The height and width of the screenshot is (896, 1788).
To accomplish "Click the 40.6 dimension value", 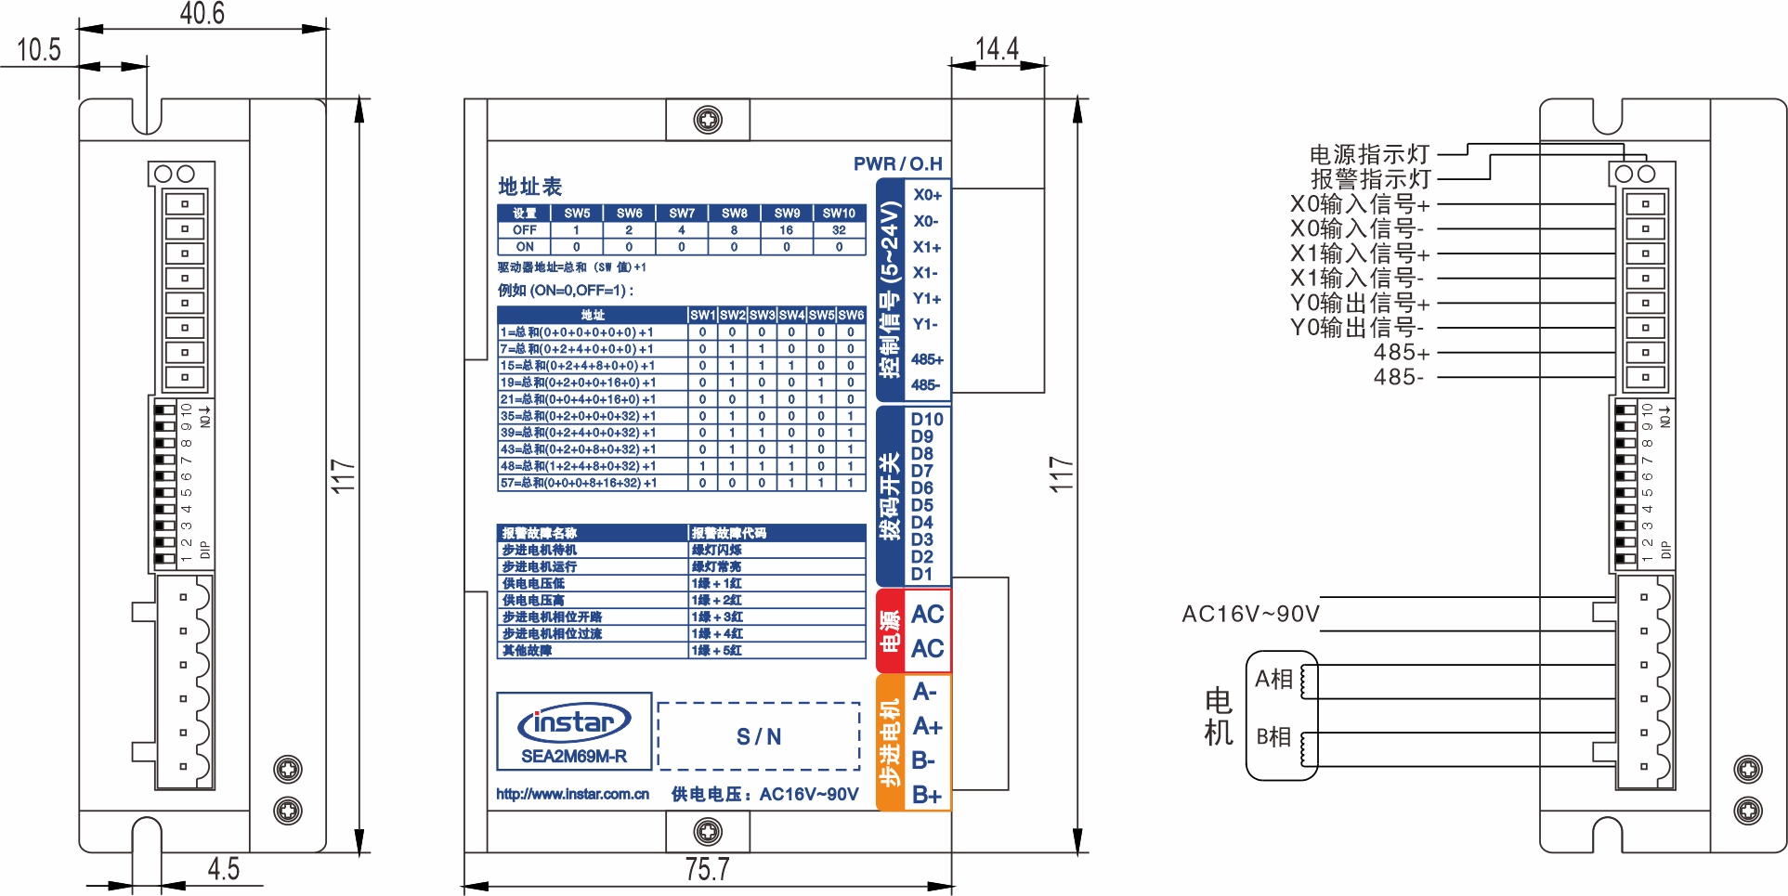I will (x=202, y=13).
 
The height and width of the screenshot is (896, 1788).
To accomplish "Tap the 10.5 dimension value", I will (x=38, y=49).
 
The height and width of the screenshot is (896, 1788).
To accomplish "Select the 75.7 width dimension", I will (x=707, y=869).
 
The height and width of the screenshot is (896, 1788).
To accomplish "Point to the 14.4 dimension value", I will (x=997, y=48).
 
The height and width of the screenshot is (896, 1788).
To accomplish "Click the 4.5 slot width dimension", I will (x=223, y=869).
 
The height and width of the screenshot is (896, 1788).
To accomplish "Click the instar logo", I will (x=574, y=722).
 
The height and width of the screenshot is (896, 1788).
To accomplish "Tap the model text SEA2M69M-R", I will (x=574, y=756).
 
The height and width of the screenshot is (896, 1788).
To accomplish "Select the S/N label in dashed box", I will (x=759, y=737).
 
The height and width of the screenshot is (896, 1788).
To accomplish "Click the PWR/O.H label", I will (x=897, y=164).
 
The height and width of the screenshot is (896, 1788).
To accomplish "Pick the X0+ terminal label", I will (x=927, y=195).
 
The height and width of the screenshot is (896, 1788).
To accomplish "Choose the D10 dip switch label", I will (x=926, y=419).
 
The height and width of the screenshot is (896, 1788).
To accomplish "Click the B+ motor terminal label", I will (x=926, y=795).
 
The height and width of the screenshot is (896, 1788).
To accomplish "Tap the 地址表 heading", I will (x=530, y=187).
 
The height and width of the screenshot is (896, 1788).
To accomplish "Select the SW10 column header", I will (x=839, y=213).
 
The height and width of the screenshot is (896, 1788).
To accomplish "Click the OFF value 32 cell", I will (x=839, y=230).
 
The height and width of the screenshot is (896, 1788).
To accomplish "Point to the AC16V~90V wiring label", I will (x=1250, y=614).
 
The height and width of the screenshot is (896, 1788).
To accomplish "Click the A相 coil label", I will (x=1273, y=679).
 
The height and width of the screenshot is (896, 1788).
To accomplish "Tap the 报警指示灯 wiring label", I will (x=1370, y=178).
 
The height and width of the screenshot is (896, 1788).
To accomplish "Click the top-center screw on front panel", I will (x=708, y=120).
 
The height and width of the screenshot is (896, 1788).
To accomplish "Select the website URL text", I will (x=572, y=794).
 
